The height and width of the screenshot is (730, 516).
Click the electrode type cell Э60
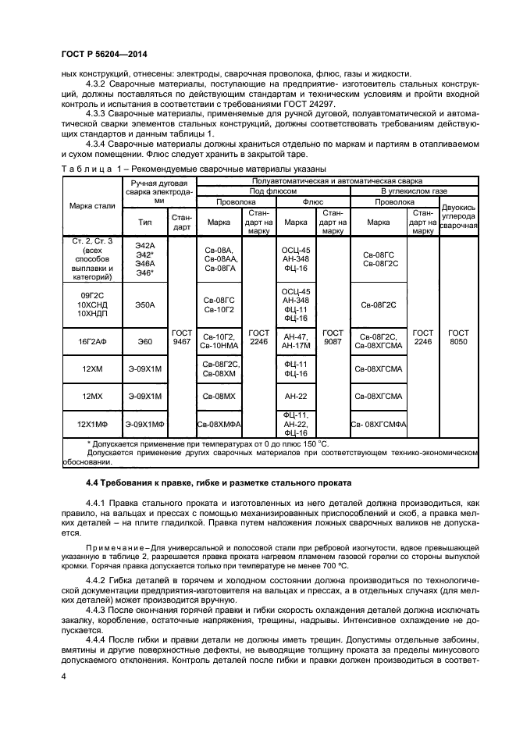coord(145,341)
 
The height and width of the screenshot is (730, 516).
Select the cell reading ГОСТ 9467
coord(181,337)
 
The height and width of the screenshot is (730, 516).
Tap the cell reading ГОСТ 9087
coord(333,337)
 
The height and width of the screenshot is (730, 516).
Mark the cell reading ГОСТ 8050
coord(459,337)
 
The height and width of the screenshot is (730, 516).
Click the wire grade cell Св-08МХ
coord(219,397)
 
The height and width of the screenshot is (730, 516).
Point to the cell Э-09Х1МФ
coord(145,424)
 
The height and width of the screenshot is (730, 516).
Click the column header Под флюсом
coord(272,190)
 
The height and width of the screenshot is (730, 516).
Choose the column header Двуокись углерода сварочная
coord(459,216)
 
